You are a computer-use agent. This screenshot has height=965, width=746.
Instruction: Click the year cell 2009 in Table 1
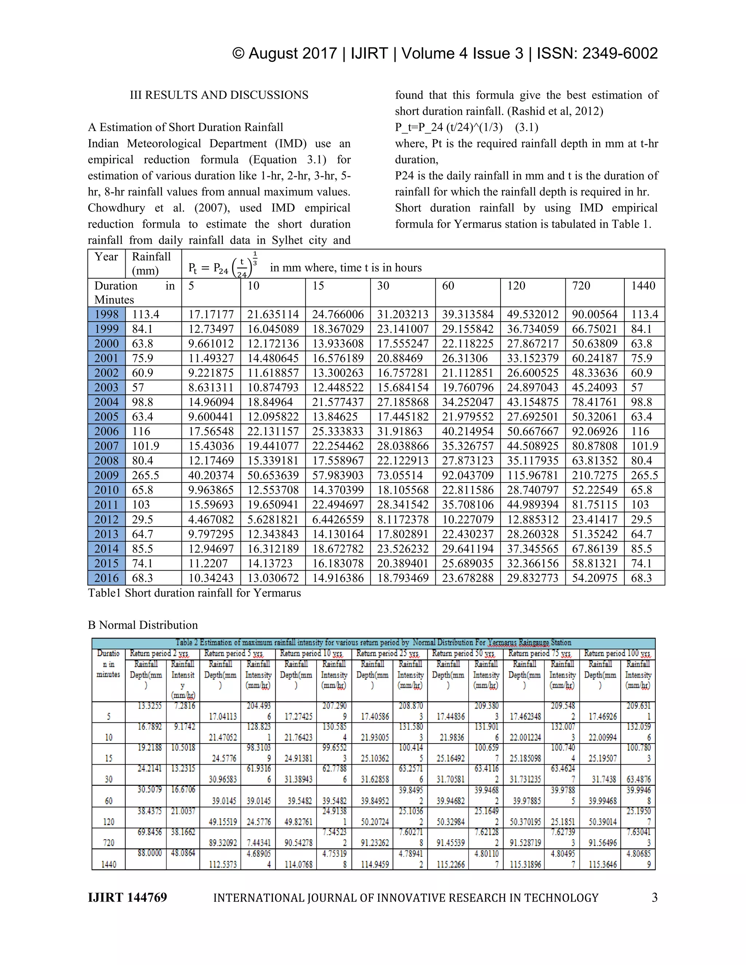pyautogui.click(x=106, y=476)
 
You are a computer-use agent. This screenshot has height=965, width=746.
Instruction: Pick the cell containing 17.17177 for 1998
pyautogui.click(x=211, y=315)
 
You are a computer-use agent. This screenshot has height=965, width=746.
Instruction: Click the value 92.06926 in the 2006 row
pyautogui.click(x=594, y=432)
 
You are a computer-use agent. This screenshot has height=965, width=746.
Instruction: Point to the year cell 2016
pyautogui.click(x=106, y=578)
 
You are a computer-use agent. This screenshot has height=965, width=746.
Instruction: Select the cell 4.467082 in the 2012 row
pyautogui.click(x=211, y=520)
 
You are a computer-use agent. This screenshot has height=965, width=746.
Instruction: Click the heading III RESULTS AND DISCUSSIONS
pyautogui.click(x=219, y=95)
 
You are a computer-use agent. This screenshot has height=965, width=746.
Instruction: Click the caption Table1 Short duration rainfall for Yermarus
pyautogui.click(x=195, y=593)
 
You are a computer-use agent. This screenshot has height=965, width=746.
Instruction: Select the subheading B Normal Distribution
pyautogui.click(x=143, y=625)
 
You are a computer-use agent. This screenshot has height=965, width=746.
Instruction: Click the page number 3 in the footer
pyautogui.click(x=655, y=897)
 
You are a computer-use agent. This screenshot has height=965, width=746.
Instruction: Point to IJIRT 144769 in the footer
pyautogui.click(x=127, y=897)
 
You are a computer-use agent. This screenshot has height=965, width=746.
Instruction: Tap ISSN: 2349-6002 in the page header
pyautogui.click(x=597, y=54)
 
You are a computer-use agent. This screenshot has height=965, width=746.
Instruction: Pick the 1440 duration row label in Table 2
pyautogui.click(x=109, y=864)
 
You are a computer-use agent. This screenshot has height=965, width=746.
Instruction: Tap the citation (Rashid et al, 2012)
pyautogui.click(x=547, y=111)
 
